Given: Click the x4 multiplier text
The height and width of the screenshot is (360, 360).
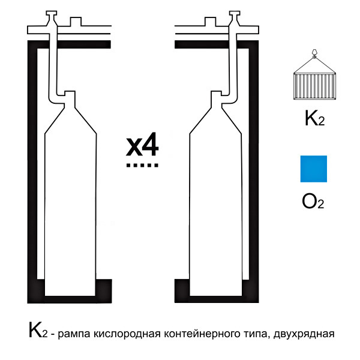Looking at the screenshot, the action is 142,144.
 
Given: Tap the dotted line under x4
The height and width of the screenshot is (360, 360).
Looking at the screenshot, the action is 142,165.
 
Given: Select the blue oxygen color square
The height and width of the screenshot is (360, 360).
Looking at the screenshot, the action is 314,169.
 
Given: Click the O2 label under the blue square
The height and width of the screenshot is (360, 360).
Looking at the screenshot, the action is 313,202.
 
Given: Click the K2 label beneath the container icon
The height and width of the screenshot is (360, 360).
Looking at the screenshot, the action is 314,118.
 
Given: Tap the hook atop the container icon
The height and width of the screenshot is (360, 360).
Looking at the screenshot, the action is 314,53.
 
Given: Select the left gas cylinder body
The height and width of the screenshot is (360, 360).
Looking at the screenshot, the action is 70,202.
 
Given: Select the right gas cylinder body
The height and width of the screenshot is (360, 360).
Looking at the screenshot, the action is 215,202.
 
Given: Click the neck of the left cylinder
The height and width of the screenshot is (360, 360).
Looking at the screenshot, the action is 70,100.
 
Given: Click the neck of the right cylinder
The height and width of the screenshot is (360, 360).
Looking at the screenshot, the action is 216,100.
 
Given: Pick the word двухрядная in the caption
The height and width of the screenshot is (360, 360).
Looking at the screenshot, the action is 304,334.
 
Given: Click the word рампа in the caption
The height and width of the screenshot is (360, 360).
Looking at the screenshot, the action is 74,334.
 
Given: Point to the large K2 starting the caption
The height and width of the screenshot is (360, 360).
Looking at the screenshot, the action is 38,330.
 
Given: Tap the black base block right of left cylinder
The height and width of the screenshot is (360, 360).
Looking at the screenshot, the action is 104,290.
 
